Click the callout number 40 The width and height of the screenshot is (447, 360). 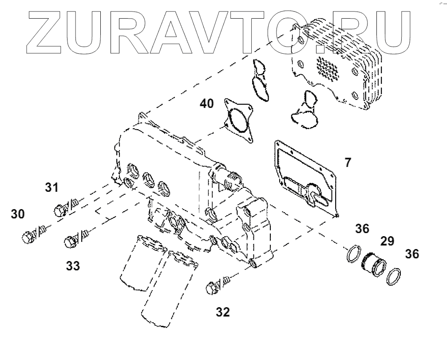coord(207,104)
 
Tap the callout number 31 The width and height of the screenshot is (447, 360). coord(52,188)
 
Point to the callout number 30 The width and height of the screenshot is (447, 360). coord(18,214)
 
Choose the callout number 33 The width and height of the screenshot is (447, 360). coord(73,266)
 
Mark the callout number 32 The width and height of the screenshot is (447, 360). coord(223,313)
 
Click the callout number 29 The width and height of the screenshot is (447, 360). coord(387,242)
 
